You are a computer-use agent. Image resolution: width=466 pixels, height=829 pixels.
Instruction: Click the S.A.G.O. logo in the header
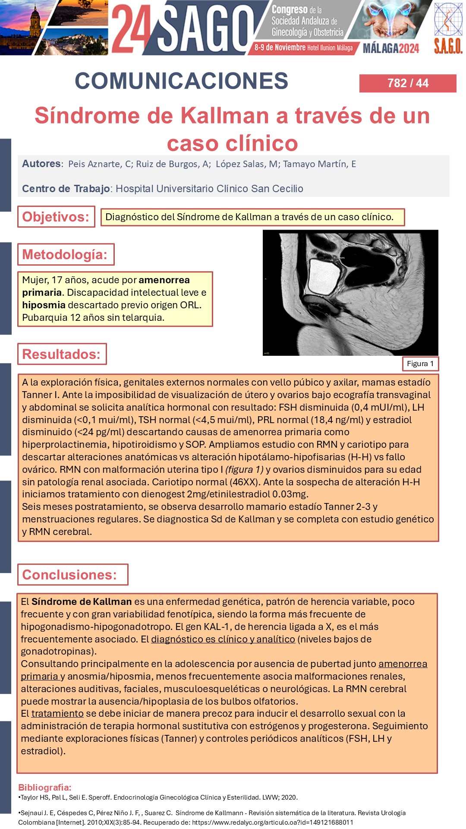coord(448,28)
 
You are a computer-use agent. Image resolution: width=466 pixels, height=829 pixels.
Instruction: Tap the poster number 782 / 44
coord(408,83)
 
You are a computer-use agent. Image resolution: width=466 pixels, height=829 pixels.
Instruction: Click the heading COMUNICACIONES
coord(182,81)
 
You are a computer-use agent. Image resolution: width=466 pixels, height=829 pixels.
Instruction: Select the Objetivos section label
coord(56,217)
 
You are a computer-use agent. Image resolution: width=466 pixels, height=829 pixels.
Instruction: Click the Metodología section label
coord(65,254)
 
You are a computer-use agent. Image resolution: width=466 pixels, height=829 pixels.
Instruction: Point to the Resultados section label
coord(62,354)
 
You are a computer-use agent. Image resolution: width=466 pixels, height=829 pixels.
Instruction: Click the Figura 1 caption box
coord(420,364)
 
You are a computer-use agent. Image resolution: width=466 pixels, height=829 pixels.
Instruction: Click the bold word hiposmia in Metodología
coord(44,305)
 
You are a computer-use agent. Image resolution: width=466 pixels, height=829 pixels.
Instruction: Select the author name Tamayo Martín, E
coord(319,164)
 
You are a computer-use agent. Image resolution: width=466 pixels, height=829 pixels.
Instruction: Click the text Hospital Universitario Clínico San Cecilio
coord(209,189)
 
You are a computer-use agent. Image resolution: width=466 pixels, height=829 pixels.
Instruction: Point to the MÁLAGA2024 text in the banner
coord(390,48)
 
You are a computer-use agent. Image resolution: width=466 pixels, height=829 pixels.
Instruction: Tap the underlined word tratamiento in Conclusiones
coord(57,713)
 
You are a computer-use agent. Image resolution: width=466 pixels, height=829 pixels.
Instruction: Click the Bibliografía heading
coord(45,787)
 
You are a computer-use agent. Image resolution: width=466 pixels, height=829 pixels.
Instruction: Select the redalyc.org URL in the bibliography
coord(272,822)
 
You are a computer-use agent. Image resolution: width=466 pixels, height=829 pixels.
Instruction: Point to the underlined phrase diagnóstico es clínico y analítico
coord(223,639)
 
